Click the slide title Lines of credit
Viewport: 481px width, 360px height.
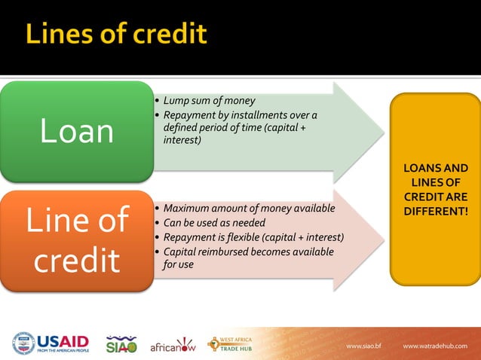click(116, 35)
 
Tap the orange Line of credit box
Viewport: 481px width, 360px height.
click(76, 239)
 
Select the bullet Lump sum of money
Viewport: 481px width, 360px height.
click(209, 100)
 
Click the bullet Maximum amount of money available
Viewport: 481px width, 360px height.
click(248, 208)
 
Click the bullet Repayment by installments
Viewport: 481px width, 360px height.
click(239, 114)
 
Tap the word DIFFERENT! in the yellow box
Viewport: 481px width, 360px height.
click(435, 210)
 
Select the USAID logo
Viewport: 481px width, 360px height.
click(51, 343)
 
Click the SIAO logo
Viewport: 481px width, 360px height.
click(121, 343)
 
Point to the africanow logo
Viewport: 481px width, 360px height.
click(173, 345)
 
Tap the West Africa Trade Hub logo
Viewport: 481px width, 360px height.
click(230, 343)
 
